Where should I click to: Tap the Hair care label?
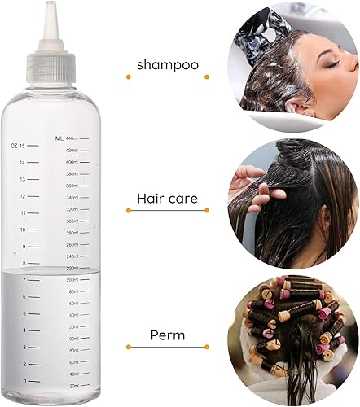(x=167, y=198)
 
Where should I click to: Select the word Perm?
(x=167, y=335)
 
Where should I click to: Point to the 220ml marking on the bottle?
(x=72, y=268)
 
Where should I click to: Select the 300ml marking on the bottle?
(x=72, y=221)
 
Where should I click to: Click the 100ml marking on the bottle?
(x=72, y=338)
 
